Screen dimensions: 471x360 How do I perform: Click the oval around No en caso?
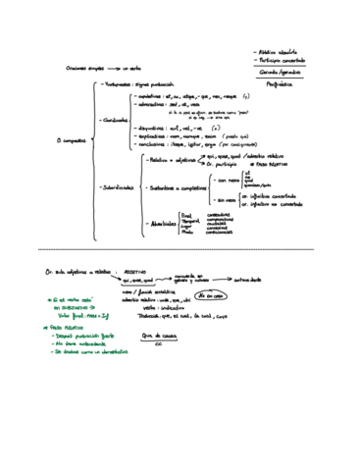click(x=209, y=294)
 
